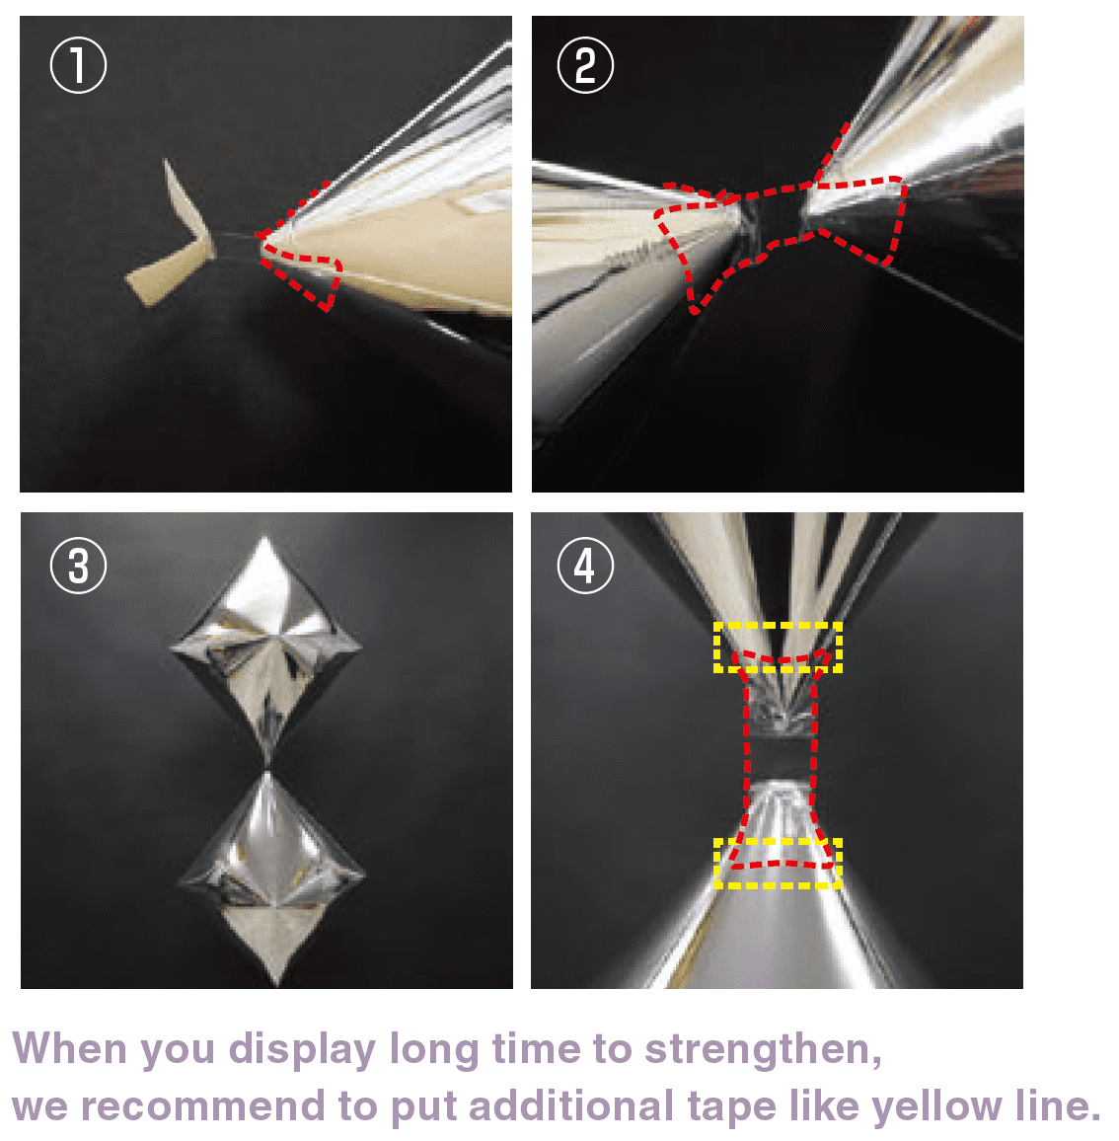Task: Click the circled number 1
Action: [x=79, y=65]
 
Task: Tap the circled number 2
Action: [x=586, y=65]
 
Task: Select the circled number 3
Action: [x=79, y=567]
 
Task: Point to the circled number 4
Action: [x=586, y=567]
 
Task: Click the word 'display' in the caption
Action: [x=302, y=1050]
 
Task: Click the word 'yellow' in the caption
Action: [x=936, y=1107]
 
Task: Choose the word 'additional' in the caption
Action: [x=570, y=1106]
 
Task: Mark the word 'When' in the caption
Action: [x=70, y=1048]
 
